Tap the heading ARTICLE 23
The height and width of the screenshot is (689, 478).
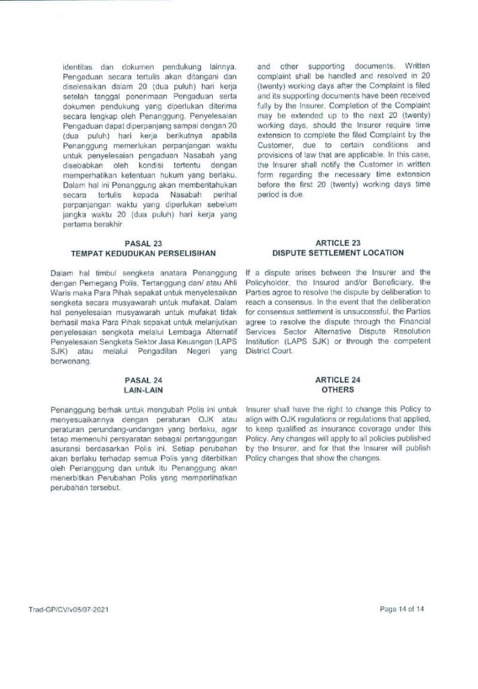click(x=337, y=243)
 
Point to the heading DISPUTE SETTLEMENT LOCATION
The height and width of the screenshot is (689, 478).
click(x=337, y=253)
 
